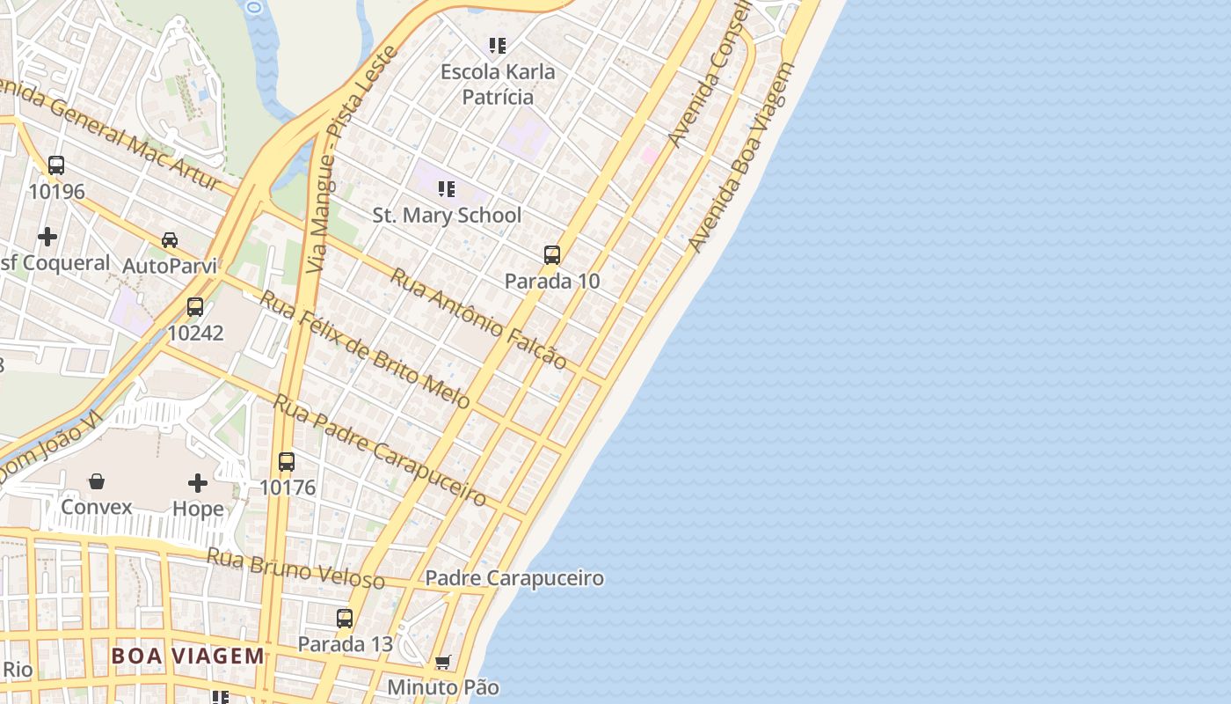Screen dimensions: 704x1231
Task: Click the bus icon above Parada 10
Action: (552, 255)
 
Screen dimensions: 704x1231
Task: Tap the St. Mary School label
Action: (447, 215)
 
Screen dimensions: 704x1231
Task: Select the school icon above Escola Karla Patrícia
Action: (498, 45)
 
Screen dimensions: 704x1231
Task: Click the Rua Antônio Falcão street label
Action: (478, 318)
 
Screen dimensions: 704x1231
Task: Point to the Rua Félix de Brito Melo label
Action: (365, 349)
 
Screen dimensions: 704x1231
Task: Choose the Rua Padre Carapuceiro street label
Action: (380, 451)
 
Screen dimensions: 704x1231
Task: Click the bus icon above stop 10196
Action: (56, 165)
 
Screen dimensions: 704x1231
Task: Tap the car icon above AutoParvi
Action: (170, 239)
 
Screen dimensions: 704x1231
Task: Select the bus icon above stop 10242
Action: (195, 307)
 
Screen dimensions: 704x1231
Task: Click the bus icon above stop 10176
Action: (287, 461)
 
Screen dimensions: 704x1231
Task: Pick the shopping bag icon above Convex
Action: (97, 481)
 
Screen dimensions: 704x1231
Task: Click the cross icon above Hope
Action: (198, 482)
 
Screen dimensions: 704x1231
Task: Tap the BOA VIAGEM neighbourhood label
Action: (187, 656)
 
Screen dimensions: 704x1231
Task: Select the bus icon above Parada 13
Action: (345, 618)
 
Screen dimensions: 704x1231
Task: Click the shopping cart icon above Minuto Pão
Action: (443, 661)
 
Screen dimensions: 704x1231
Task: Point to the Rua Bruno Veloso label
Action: (295, 568)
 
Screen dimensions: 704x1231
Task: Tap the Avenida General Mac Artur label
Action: (110, 132)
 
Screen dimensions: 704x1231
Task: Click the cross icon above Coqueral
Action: (47, 236)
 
